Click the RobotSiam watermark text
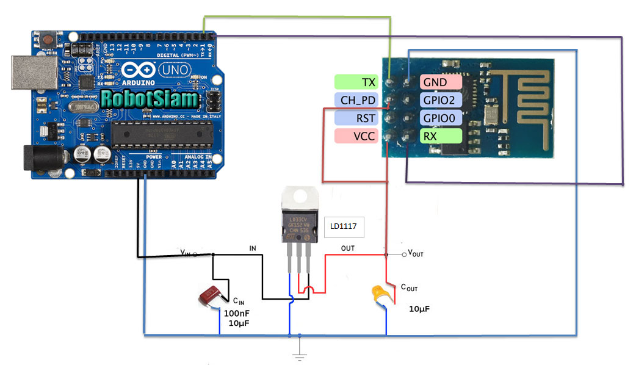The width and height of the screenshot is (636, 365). coord(150,98)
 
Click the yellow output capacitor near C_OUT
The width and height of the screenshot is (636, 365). coord(381,295)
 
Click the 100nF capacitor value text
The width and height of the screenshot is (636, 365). coord(236,313)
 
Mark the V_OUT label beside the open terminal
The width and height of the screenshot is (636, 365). coord(415,253)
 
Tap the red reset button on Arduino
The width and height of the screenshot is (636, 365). coord(47,40)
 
